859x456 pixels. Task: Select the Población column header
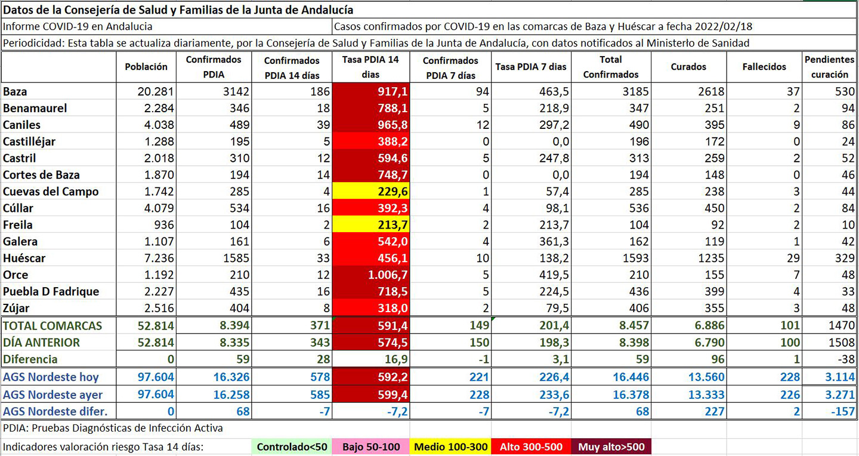coord(146,67)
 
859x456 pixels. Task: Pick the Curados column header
coord(688,67)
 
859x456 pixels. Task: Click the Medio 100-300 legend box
coord(450,447)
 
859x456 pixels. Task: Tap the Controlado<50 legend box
coord(292,447)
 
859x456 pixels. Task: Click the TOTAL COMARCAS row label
coord(52,326)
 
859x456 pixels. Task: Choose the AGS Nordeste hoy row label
coord(51,377)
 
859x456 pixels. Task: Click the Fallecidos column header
coord(764,67)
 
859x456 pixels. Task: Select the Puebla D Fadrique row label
coord(51,292)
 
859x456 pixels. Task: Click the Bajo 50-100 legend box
coord(372,447)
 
